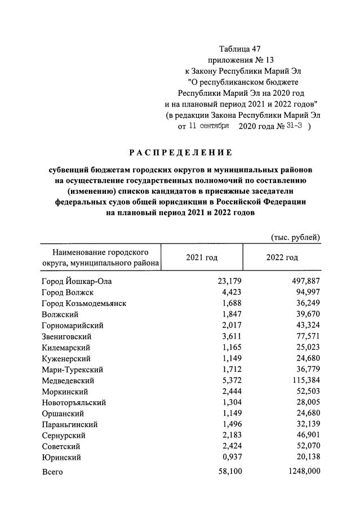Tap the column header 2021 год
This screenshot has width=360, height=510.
point(201,257)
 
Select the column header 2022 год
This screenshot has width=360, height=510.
point(282,257)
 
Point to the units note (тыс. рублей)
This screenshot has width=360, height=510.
point(296,237)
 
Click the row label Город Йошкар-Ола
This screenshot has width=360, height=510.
point(74,281)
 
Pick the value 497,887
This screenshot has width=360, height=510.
point(305,281)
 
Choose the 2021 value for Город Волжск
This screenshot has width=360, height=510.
point(229,292)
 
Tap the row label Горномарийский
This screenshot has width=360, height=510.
point(72,325)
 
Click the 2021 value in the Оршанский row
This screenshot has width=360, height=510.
point(229,414)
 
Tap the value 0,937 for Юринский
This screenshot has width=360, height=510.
point(229,458)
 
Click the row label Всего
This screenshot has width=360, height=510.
point(52,472)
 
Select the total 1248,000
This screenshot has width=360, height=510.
point(303,472)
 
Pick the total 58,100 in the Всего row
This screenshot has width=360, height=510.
point(227,472)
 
